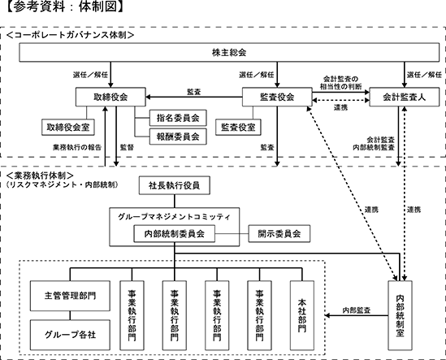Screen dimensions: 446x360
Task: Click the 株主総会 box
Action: (229, 52)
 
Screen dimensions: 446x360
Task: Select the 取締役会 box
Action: (110, 97)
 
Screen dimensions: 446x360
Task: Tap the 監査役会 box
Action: (277, 97)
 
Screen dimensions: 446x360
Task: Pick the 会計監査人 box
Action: (405, 97)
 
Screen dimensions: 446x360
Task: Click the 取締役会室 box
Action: (68, 128)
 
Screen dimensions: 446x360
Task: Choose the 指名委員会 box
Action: (178, 118)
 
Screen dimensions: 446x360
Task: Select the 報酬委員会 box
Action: (178, 137)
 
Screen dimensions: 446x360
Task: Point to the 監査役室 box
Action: (238, 128)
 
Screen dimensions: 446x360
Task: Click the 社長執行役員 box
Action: (175, 185)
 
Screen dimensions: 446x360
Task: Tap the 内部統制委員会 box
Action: (175, 234)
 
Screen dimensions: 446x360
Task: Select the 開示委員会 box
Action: (279, 234)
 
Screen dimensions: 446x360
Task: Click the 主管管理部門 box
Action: (70, 296)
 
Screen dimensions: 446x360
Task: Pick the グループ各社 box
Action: (70, 335)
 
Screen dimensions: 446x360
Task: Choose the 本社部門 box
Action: (302, 315)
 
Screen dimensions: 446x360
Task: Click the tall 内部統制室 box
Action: (400, 315)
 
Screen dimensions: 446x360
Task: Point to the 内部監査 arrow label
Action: (357, 310)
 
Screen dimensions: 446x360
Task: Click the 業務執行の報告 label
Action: (77, 147)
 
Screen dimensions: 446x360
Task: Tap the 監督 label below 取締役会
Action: (127, 147)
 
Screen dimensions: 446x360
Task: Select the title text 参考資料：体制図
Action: (65, 7)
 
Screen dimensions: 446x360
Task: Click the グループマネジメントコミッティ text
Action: (175, 217)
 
